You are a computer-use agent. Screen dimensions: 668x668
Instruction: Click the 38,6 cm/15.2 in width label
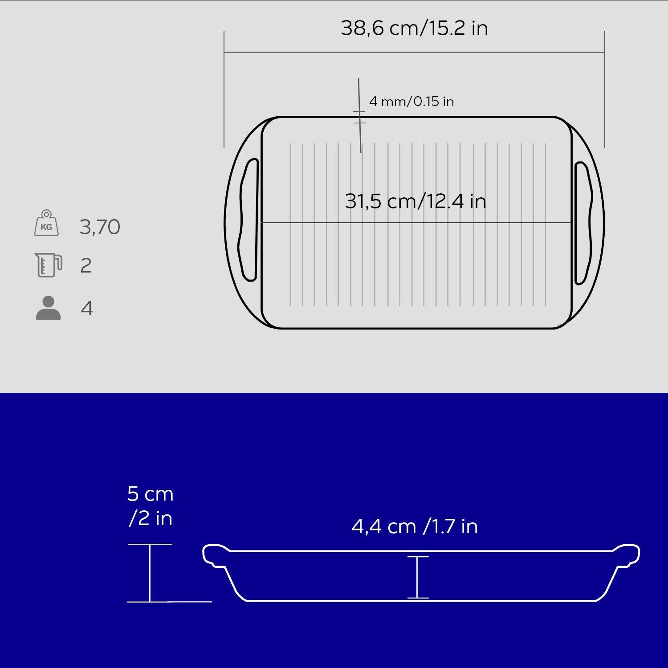[415, 28]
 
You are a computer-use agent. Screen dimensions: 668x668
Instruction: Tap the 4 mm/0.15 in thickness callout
[411, 102]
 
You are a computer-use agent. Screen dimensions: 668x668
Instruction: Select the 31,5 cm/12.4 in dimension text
[415, 201]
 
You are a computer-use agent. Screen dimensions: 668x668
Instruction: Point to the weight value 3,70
[100, 227]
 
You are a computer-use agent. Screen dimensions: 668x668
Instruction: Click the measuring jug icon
[48, 265]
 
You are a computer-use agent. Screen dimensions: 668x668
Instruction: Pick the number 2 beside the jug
[86, 266]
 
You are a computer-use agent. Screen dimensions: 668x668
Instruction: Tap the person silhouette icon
[48, 308]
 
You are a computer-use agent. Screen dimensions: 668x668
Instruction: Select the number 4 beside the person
[87, 308]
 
